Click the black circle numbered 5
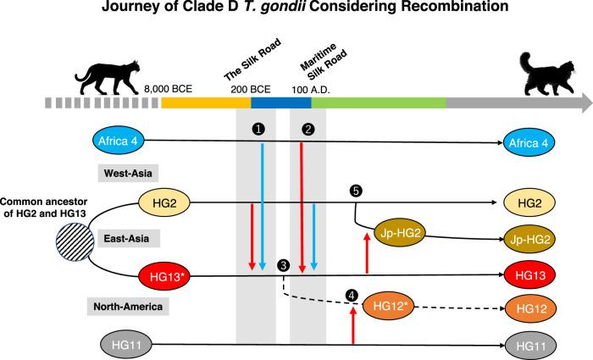356,192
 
